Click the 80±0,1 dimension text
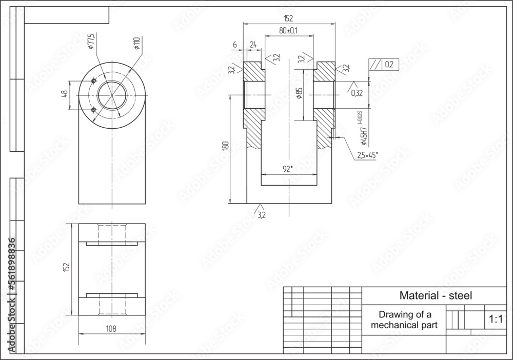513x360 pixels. click(x=288, y=31)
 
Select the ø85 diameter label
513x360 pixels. click(x=299, y=93)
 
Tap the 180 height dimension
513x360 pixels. click(x=224, y=146)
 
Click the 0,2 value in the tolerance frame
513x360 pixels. click(x=388, y=64)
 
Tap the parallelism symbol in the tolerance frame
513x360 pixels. click(x=375, y=64)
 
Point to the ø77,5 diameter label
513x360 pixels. click(x=91, y=42)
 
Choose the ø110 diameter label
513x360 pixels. click(x=136, y=43)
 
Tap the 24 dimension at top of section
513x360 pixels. click(x=253, y=45)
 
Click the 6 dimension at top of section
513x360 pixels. click(x=234, y=45)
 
